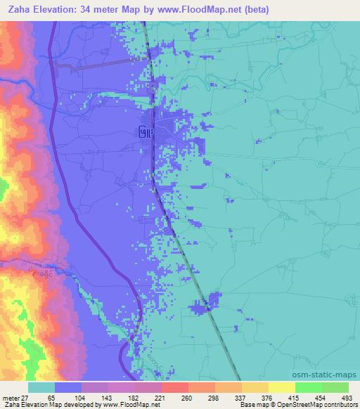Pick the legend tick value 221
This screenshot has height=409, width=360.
[160, 397]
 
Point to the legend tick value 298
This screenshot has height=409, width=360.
[214, 397]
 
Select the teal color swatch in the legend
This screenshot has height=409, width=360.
[41, 387]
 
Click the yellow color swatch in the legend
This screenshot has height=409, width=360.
[281, 387]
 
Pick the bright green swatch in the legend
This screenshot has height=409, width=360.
[308, 387]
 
